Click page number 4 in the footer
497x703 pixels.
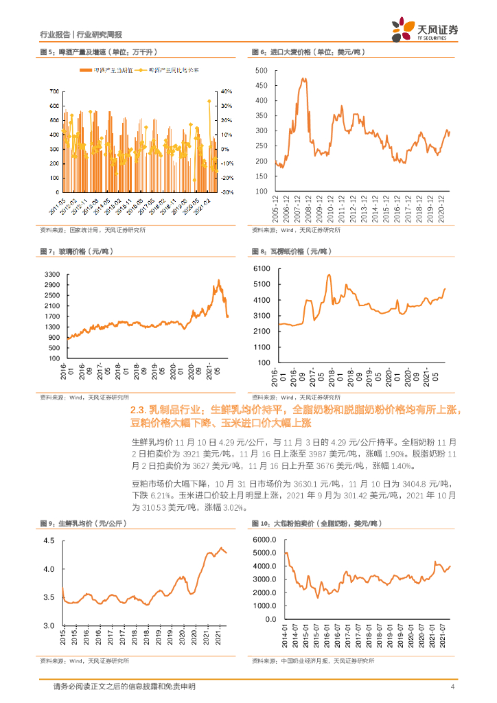coord(452,687)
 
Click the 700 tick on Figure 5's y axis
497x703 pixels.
coord(54,91)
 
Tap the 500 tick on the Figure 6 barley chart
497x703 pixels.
coord(261,71)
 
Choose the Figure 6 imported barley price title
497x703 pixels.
coord(308,52)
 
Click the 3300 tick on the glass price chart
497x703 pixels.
coord(52,274)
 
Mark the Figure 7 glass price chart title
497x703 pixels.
coord(74,251)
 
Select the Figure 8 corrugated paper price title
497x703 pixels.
coord(291,251)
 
